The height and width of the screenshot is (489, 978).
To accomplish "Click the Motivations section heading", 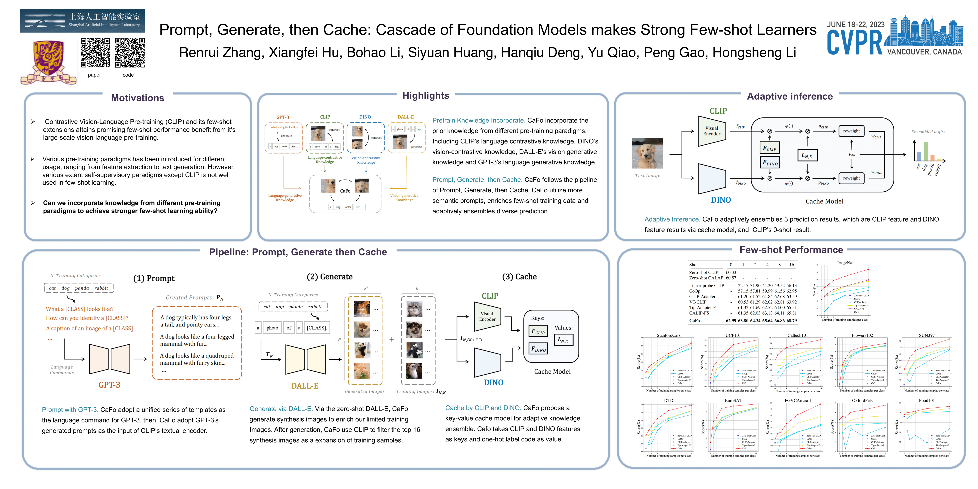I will coord(138,98).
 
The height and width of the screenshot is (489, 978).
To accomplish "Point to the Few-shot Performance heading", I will coord(791,250).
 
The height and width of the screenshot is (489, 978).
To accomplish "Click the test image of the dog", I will coord(647,153).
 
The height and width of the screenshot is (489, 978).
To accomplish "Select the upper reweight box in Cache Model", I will coord(851,131).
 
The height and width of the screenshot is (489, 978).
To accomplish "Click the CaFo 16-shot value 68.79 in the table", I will coord(792,321).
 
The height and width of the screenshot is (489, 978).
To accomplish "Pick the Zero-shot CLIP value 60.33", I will coord(731,272).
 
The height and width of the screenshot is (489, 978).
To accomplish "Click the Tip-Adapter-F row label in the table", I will coord(702,308).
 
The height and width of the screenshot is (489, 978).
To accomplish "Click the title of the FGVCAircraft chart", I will coord(798,401).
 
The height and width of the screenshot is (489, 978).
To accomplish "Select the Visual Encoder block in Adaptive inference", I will coord(712,131).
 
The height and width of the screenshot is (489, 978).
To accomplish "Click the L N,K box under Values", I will coord(563,340).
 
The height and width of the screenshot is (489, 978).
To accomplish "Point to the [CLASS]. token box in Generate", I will coord(317,328).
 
